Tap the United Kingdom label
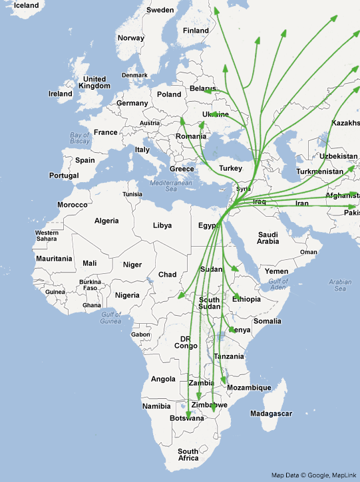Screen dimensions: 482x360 [x=93, y=82]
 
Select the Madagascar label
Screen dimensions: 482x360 [x=271, y=414]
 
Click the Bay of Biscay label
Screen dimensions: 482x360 [x=80, y=138]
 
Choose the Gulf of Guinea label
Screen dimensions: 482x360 [x=115, y=318]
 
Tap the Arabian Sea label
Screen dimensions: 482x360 [x=339, y=286]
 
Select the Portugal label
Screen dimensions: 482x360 [x=64, y=176]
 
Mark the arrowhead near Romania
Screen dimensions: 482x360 [x=182, y=122]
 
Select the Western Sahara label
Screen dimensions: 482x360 [x=47, y=235]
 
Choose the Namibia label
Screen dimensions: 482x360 [x=156, y=406]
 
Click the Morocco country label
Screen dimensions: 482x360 [x=72, y=205]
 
